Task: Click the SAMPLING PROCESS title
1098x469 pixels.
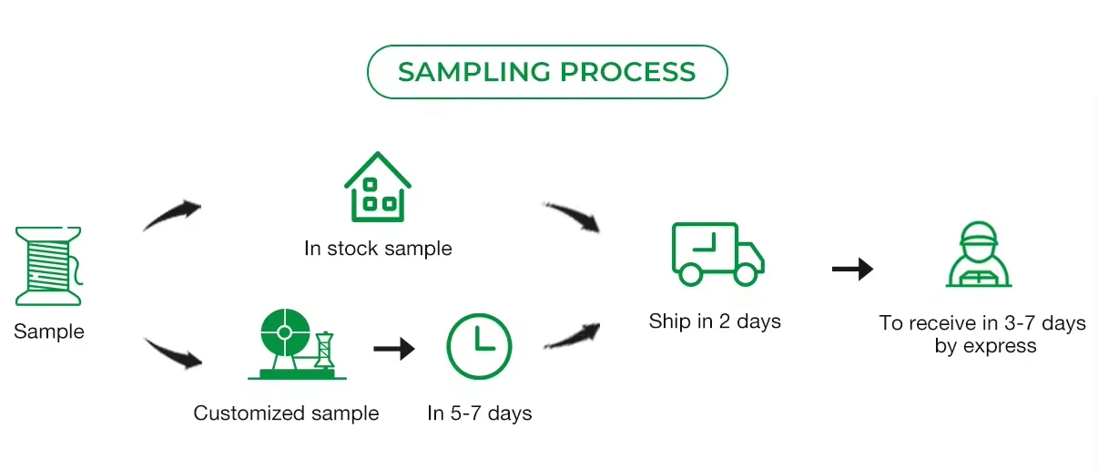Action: click(x=546, y=72)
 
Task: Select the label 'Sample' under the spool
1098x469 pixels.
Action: click(x=49, y=331)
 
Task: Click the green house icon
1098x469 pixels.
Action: click(x=377, y=188)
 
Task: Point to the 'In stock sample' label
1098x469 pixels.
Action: click(x=378, y=248)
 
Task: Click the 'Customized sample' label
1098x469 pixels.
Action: click(x=286, y=413)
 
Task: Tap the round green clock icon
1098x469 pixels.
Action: click(x=479, y=346)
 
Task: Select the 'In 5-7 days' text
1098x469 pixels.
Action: click(x=480, y=413)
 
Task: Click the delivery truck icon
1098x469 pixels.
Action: click(x=717, y=255)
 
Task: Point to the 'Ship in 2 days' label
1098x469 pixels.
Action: click(x=715, y=321)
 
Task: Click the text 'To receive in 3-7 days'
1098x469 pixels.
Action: click(x=982, y=323)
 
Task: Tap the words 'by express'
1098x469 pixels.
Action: click(x=985, y=346)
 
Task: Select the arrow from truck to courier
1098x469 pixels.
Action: click(x=852, y=269)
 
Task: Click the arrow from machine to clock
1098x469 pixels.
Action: click(x=394, y=348)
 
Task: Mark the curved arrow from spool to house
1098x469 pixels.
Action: click(x=173, y=215)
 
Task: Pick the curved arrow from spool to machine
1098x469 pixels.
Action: click(x=173, y=352)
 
